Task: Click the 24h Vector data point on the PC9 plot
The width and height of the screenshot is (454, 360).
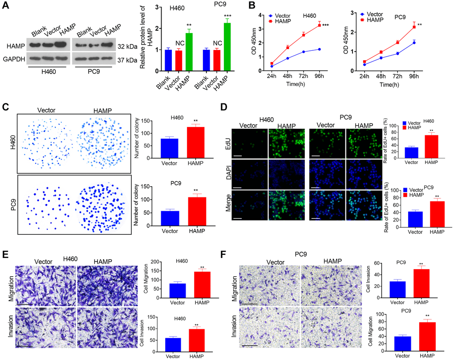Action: point(365,65)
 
